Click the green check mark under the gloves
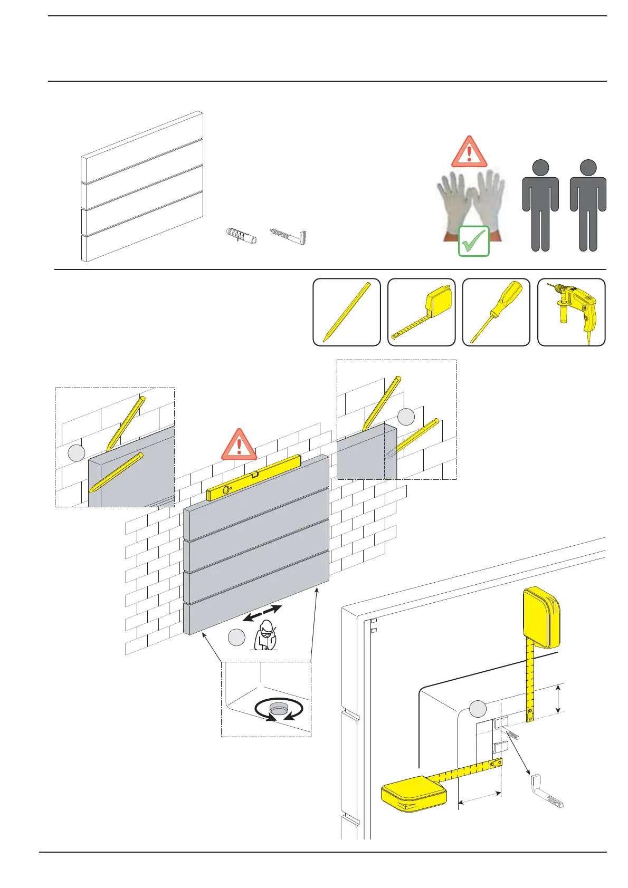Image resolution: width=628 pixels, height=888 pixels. click(473, 242)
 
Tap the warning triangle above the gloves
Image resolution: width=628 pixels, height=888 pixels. click(469, 152)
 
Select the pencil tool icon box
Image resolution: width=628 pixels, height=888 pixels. click(347, 312)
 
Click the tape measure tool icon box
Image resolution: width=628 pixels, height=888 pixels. click(422, 312)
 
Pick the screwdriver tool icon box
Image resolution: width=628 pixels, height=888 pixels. click(496, 312)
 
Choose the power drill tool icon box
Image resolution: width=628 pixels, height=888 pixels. click(572, 312)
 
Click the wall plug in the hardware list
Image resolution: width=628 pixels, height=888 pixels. click(241, 236)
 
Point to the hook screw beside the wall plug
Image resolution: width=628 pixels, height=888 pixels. click(290, 236)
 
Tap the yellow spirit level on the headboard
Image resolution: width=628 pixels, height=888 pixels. click(254, 478)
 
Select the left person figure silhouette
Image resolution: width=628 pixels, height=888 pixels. click(540, 206)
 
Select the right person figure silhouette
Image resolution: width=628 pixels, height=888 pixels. click(588, 206)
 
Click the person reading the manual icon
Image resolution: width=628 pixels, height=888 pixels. click(265, 635)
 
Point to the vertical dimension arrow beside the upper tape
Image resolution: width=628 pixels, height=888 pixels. click(558, 699)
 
